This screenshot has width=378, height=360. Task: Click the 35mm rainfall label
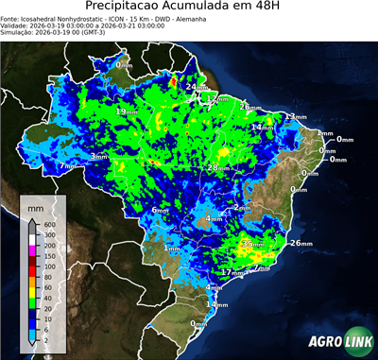252,244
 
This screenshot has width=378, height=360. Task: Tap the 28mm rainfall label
217,167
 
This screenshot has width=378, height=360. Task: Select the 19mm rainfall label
125,111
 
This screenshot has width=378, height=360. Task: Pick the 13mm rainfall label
296,116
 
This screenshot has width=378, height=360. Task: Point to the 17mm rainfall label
231,272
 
